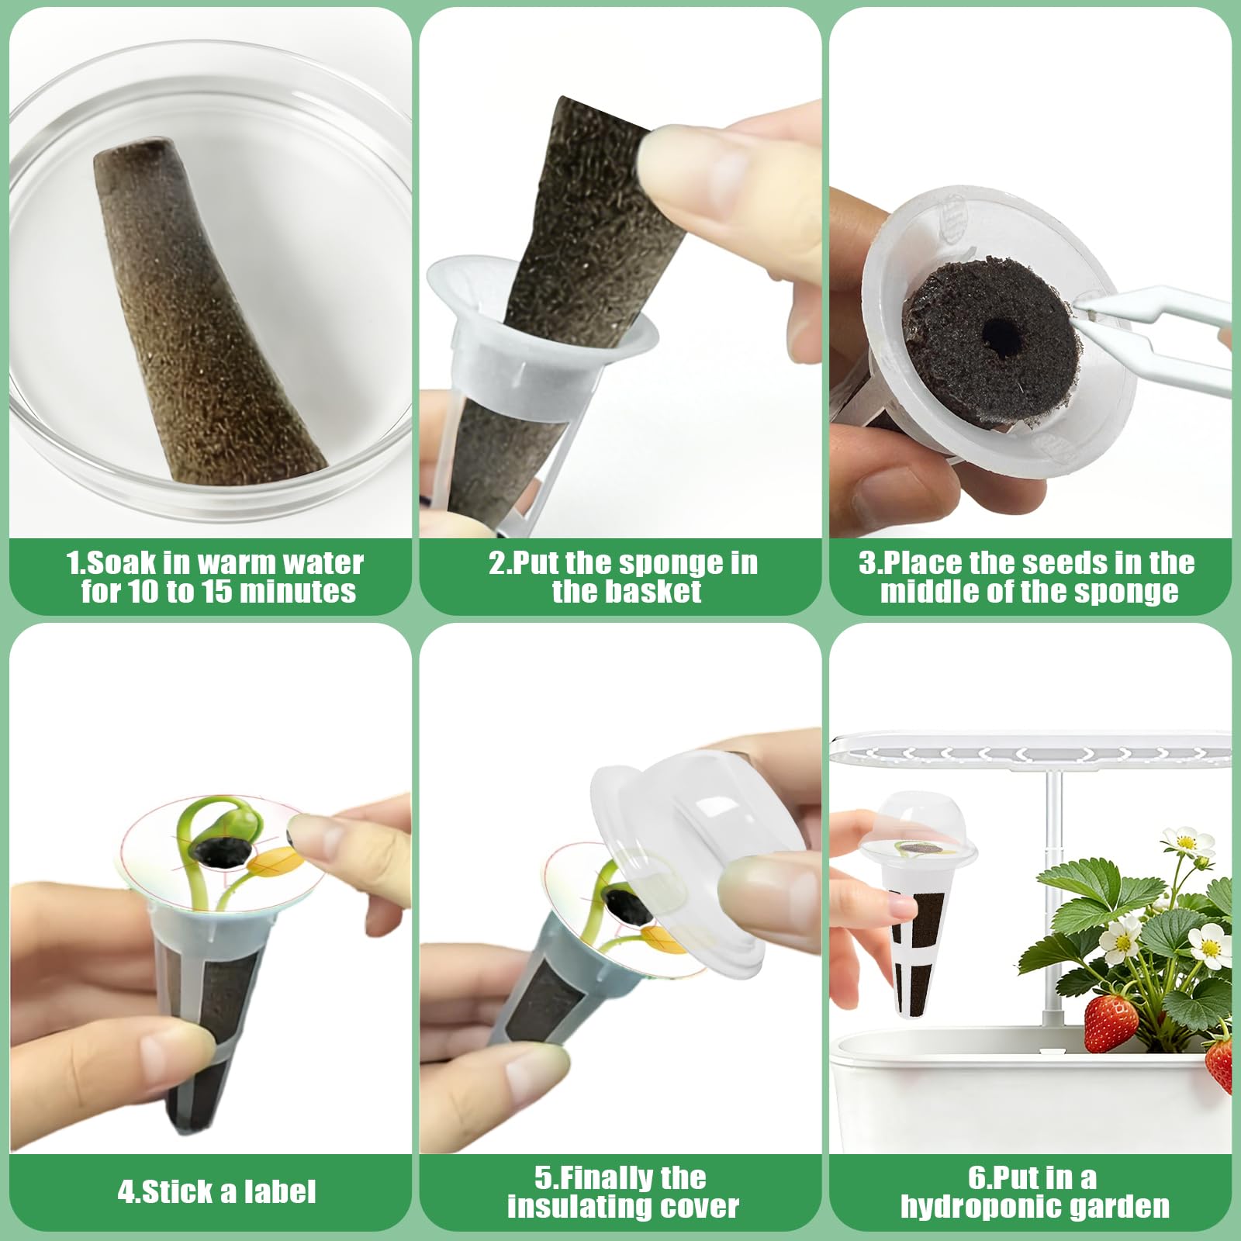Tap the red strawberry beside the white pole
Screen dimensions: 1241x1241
click(x=1110, y=1023)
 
